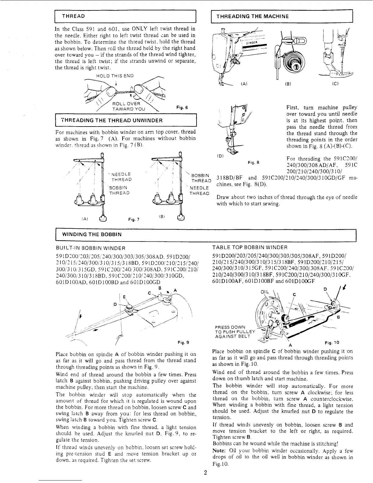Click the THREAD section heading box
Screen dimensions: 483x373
(x=125, y=16)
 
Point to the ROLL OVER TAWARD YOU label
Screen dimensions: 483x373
(x=129, y=106)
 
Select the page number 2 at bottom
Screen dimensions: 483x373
(x=206, y=473)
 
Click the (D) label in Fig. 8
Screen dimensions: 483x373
(x=219, y=156)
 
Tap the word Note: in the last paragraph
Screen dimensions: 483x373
(x=219, y=451)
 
